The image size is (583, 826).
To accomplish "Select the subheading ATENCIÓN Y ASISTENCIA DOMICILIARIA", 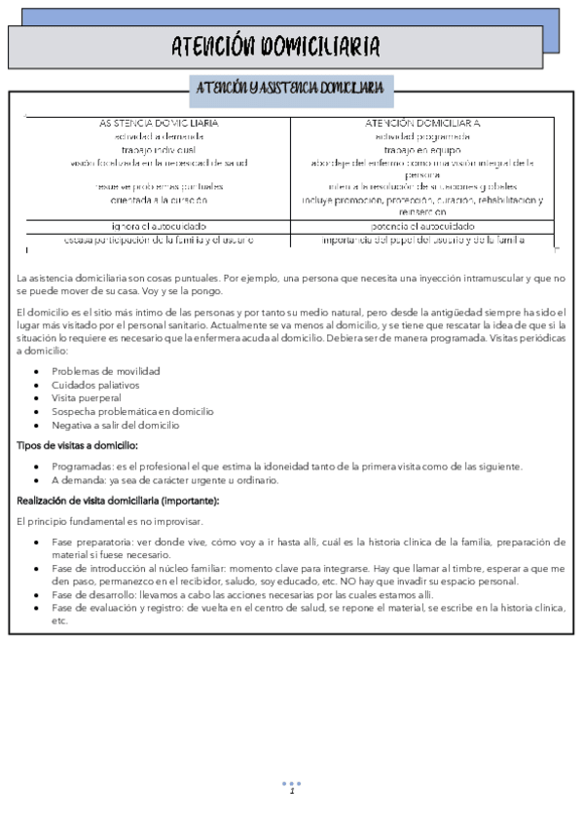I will (x=290, y=89).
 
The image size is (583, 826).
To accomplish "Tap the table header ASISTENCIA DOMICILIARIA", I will (x=160, y=124).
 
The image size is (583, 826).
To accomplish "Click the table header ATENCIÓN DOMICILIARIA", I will (x=422, y=124).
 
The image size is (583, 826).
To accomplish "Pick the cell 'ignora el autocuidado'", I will (x=160, y=226).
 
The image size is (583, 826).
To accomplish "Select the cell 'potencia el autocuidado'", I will (x=422, y=226).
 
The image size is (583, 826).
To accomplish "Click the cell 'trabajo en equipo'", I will (x=422, y=150).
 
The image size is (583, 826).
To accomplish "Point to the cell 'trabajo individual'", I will (x=160, y=150).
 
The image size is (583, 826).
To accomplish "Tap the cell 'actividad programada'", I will (x=422, y=136).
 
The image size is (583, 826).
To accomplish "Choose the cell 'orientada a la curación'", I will (x=160, y=200).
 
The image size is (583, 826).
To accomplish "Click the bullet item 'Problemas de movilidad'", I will (x=106, y=371).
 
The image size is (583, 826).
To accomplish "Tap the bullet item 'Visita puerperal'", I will (x=87, y=398).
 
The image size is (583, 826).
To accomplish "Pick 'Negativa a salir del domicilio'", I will (x=117, y=425).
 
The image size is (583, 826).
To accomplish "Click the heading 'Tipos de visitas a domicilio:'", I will (x=77, y=444).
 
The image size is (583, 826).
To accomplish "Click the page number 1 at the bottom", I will (x=291, y=791).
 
